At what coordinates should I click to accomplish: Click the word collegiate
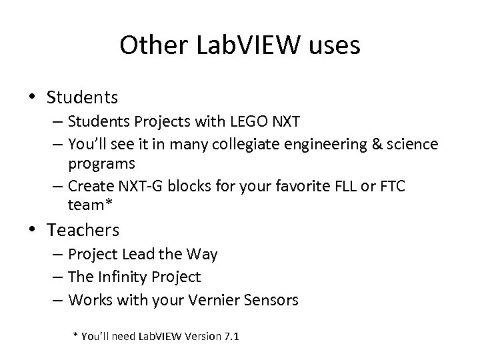238,144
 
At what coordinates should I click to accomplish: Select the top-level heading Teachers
83,231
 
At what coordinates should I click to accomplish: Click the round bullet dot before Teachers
33,231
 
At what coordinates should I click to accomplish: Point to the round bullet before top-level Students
33,98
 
